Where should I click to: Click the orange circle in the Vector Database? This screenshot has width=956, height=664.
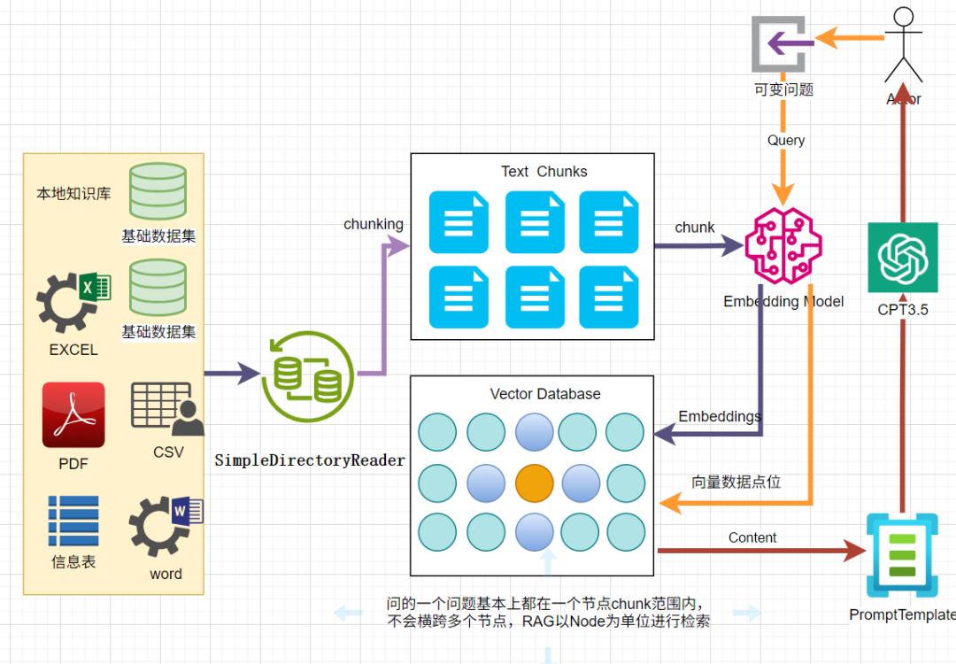535,483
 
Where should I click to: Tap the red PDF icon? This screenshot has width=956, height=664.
73,414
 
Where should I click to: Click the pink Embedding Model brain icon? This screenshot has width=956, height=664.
783,245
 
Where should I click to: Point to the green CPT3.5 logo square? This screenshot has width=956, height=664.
902,258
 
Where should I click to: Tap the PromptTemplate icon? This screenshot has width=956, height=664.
901,558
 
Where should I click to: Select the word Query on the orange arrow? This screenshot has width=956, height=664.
786,140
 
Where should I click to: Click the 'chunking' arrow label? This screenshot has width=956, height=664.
374,224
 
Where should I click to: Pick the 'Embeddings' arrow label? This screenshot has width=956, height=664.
720,416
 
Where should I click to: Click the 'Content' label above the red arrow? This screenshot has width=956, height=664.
752,537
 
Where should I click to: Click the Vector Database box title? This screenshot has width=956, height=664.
545,394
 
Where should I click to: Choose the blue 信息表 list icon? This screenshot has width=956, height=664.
73,521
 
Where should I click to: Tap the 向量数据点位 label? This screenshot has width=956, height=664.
736,483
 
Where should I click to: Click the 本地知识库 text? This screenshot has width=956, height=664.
73,193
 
